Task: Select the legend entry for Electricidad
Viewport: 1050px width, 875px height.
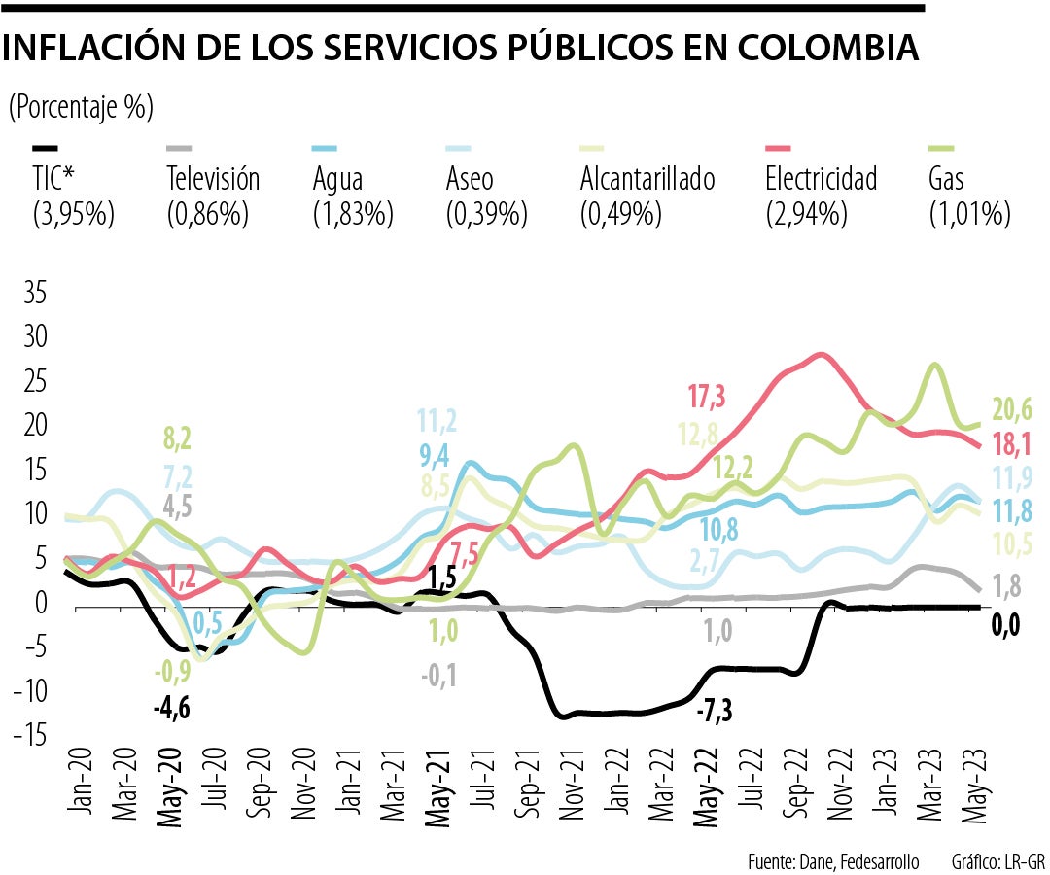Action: click(821, 179)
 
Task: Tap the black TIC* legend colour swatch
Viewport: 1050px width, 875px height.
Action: click(46, 149)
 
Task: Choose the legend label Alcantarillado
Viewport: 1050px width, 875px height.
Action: click(647, 179)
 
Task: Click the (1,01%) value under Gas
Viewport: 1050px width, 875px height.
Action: click(969, 213)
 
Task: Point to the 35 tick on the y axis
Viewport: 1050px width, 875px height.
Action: click(34, 294)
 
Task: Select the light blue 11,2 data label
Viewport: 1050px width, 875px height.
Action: click(437, 421)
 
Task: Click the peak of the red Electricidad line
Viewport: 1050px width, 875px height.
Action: click(822, 355)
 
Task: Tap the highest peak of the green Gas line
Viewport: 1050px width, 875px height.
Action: click(934, 365)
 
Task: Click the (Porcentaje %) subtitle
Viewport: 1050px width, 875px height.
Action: click(81, 107)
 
